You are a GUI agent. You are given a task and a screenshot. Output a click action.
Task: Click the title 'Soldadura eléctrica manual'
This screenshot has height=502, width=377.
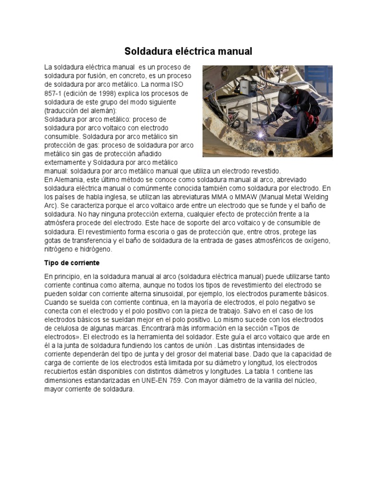(188, 51)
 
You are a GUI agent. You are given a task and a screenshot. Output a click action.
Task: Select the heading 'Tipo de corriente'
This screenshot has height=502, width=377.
(72, 263)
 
